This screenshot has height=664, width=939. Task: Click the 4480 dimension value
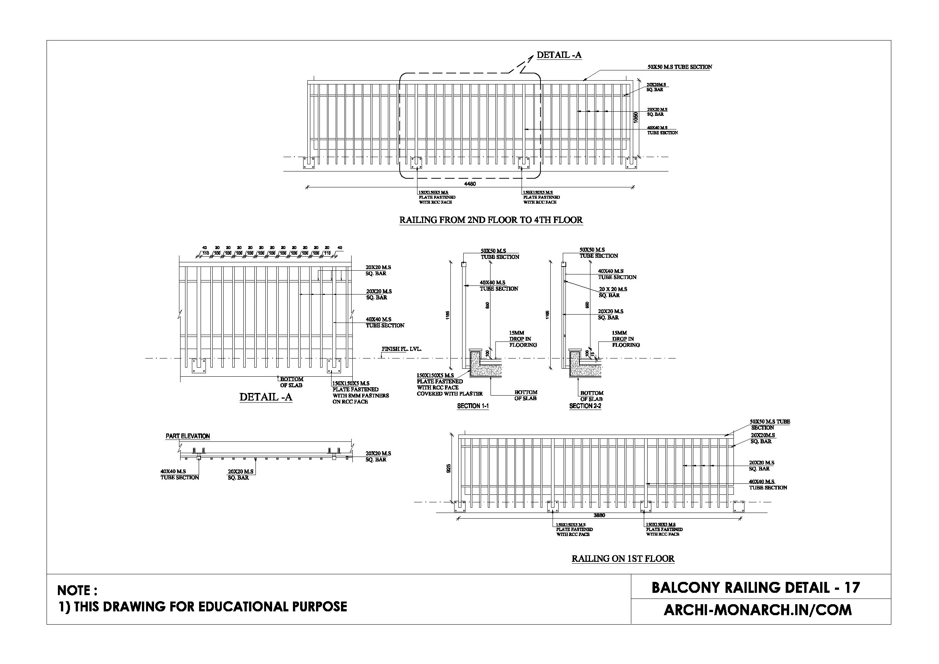pyautogui.click(x=470, y=184)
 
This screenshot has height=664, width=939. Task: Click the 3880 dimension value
pyautogui.click(x=599, y=515)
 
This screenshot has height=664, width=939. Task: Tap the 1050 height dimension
pyautogui.click(x=635, y=117)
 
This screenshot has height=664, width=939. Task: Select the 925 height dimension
pyautogui.click(x=448, y=468)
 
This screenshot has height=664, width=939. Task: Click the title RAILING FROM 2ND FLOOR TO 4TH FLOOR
pyautogui.click(x=491, y=220)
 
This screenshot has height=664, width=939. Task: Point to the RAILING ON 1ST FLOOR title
pyautogui.click(x=623, y=558)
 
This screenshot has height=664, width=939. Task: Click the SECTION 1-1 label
pyautogui.click(x=473, y=406)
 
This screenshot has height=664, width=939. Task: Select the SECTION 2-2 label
pyautogui.click(x=585, y=406)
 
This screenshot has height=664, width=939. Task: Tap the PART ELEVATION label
pyautogui.click(x=187, y=436)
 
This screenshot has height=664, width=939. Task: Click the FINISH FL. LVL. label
pyautogui.click(x=401, y=349)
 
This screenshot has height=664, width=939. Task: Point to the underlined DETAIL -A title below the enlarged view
pyautogui.click(x=265, y=397)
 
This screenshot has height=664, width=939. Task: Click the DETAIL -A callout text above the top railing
pyautogui.click(x=559, y=55)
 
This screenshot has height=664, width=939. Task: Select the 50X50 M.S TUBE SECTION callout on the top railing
pyautogui.click(x=680, y=67)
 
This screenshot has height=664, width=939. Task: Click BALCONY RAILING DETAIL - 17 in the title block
pyautogui.click(x=755, y=588)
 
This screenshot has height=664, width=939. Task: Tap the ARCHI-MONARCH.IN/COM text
pyautogui.click(x=757, y=610)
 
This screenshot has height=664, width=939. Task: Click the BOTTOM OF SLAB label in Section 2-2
pyautogui.click(x=592, y=396)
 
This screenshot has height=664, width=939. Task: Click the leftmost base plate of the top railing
pyautogui.click(x=309, y=162)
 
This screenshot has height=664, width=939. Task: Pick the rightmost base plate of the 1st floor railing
pyautogui.click(x=739, y=507)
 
